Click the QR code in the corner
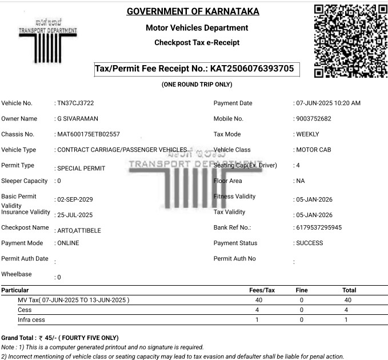coord(350,41)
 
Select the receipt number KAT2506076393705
coord(252,69)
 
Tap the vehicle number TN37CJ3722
coord(75,103)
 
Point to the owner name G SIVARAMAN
coord(78,119)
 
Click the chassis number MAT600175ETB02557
coord(88,134)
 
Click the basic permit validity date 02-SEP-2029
coord(74,199)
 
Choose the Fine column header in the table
coord(302,290)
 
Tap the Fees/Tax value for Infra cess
coord(258,319)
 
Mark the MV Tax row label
coord(74,300)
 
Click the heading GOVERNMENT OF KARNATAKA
coord(193,11)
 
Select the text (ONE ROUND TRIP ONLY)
coord(197,85)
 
